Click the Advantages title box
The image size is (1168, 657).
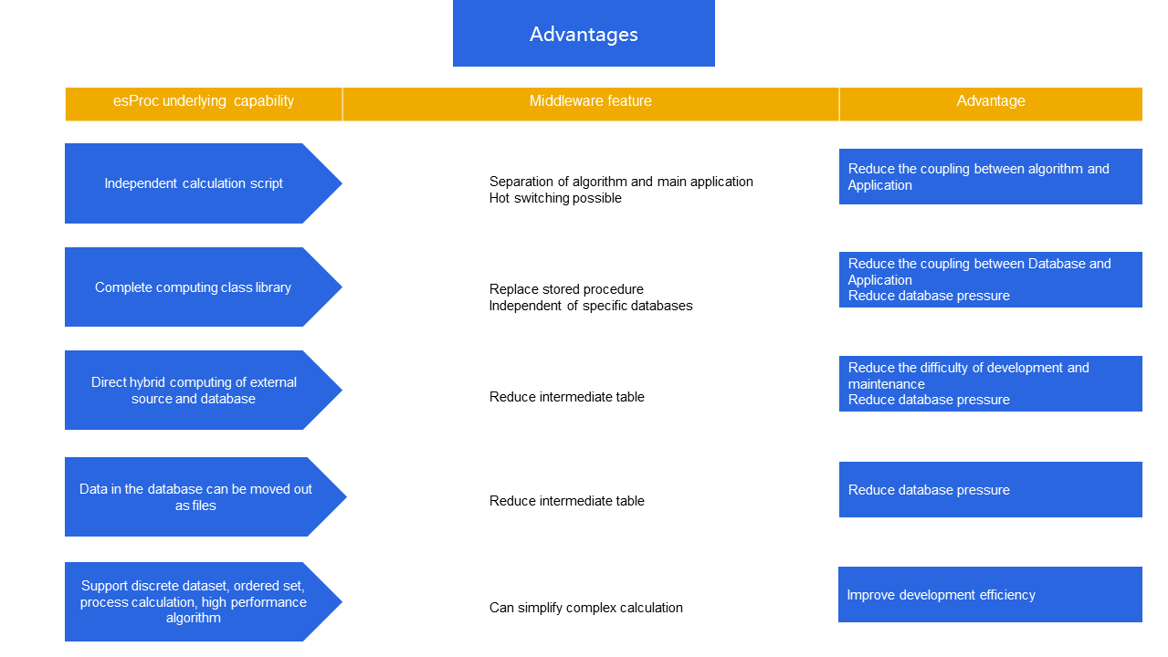point(584,34)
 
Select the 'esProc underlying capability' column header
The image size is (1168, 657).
point(204,101)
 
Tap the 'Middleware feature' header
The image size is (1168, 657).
point(591,101)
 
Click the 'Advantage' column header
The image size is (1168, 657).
point(991,101)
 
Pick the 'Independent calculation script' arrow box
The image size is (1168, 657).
point(194,183)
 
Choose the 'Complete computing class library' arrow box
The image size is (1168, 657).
point(194,287)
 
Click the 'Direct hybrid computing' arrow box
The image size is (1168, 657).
point(194,391)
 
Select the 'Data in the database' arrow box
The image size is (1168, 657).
point(195,497)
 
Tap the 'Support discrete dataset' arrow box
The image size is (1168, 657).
point(194,602)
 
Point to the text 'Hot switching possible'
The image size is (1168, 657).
point(555,198)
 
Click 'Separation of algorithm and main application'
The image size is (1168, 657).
point(621,182)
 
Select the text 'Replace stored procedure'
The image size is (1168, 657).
point(566,289)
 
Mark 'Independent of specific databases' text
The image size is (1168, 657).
point(591,306)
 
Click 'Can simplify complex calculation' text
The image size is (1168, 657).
point(586,608)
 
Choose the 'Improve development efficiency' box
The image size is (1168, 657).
point(990,595)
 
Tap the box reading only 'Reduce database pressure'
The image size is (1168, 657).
point(990,490)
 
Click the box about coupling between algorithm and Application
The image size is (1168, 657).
point(990,177)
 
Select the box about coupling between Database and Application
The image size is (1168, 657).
point(990,279)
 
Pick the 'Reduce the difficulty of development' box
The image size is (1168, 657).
point(990,383)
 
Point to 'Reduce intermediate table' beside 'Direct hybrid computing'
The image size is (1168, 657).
point(567,397)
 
